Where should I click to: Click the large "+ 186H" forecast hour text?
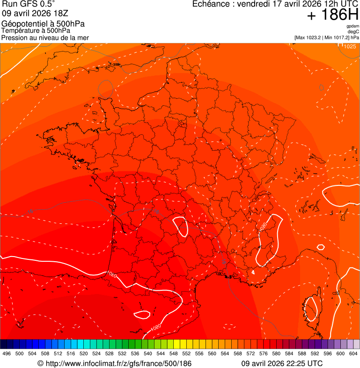pyautogui.click(x=333, y=15)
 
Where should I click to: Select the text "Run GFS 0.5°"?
pyautogui.click(x=28, y=4)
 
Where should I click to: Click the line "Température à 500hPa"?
pyautogui.click(x=36, y=30)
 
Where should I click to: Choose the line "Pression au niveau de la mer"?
pyautogui.click(x=45, y=37)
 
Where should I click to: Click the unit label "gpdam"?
pyautogui.click(x=353, y=26)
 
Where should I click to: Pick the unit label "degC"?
pyautogui.click(x=353, y=32)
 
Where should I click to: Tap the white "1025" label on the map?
pyautogui.click(x=349, y=46)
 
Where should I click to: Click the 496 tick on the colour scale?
pyautogui.click(x=7, y=354)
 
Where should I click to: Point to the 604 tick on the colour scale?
pyautogui.click(x=353, y=354)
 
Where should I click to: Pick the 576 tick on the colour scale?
pyautogui.click(x=264, y=354)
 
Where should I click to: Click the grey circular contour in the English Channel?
pyautogui.click(x=105, y=88)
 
